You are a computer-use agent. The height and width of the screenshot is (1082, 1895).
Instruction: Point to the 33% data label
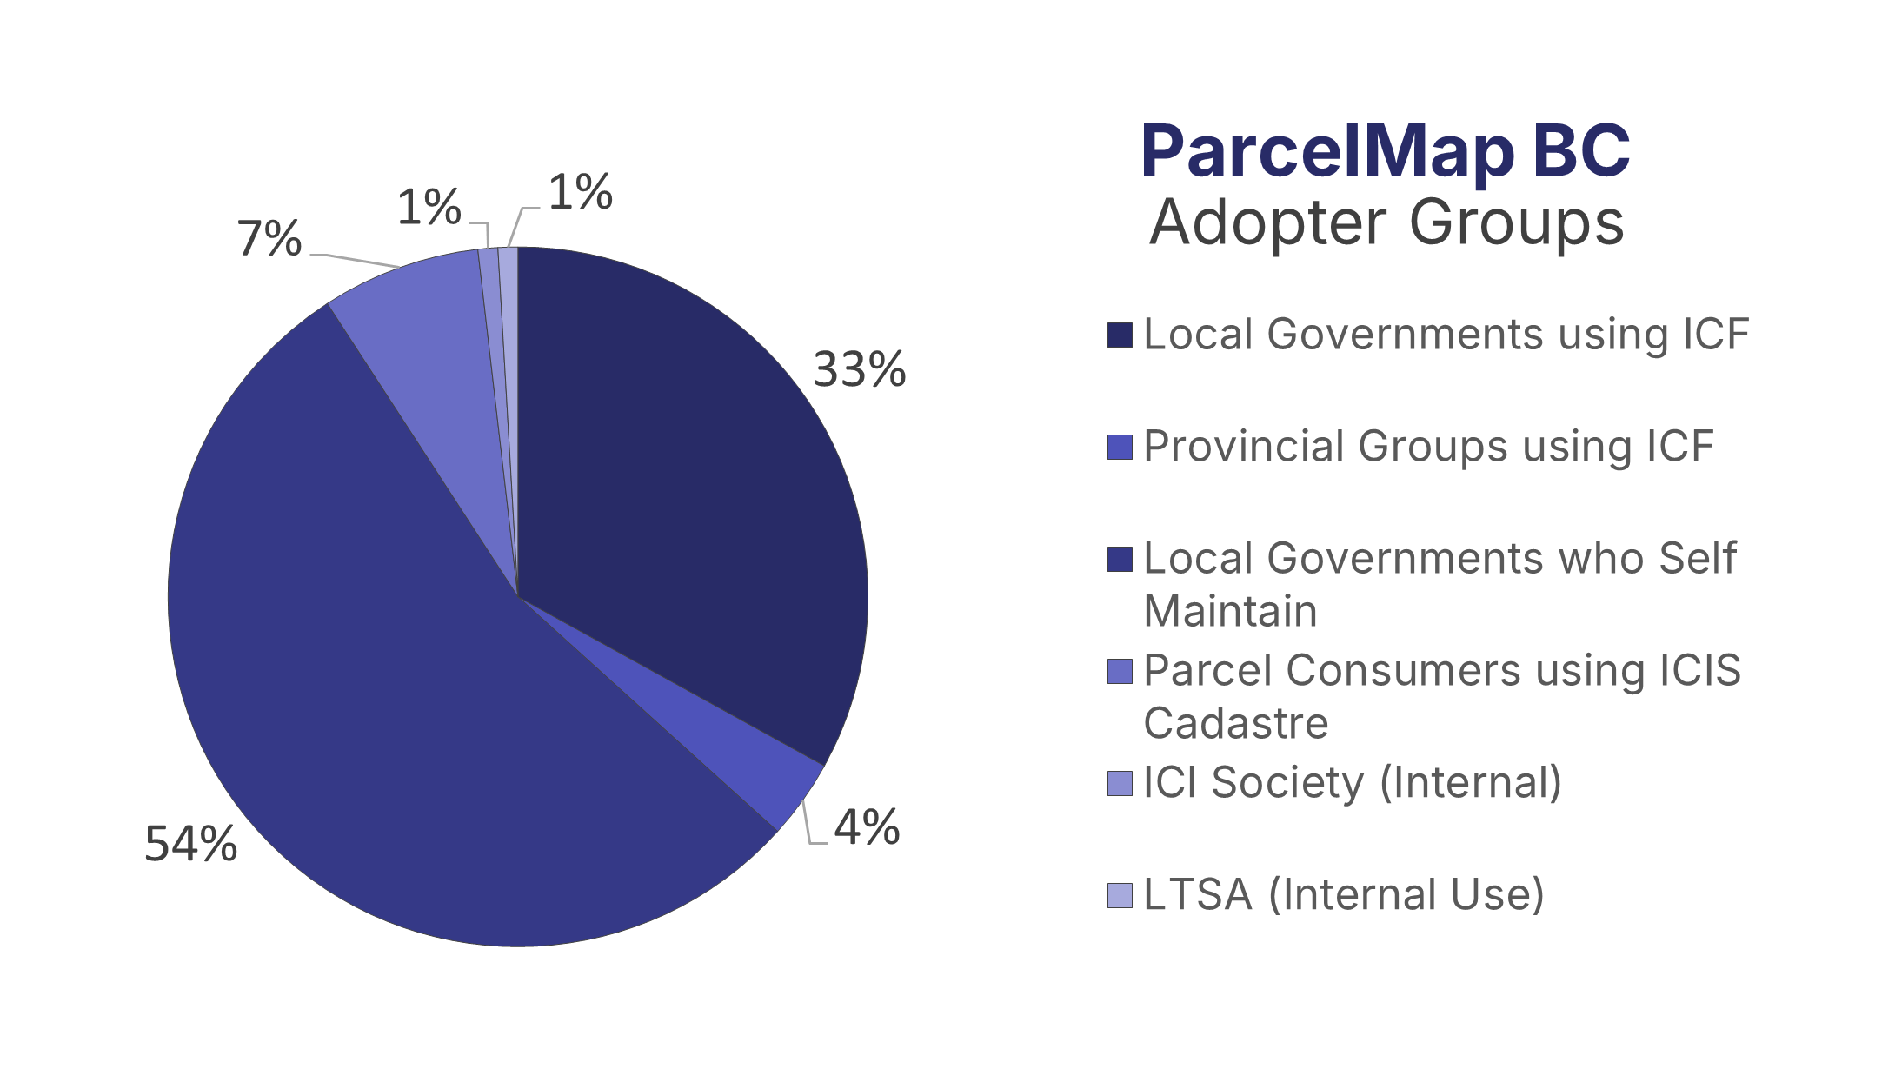[x=859, y=370]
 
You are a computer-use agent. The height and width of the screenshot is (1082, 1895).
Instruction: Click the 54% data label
[x=190, y=844]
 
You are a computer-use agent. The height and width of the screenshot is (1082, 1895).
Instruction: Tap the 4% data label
[x=867, y=827]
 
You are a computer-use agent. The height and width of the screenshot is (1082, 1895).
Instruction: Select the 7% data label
[x=269, y=239]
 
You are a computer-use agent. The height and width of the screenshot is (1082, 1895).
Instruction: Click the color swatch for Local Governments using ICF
[x=1120, y=335]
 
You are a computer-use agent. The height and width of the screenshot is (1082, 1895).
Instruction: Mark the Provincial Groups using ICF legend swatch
[x=1120, y=448]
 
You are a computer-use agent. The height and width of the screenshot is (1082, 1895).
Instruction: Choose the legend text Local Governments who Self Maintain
[x=1439, y=584]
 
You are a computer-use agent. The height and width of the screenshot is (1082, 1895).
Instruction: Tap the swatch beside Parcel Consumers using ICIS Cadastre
[x=1120, y=672]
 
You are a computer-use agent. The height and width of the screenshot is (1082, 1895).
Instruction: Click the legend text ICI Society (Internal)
[x=1352, y=783]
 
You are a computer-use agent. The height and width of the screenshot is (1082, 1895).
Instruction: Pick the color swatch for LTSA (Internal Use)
[x=1120, y=895]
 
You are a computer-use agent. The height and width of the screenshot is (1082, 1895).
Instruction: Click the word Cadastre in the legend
[x=1235, y=724]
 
